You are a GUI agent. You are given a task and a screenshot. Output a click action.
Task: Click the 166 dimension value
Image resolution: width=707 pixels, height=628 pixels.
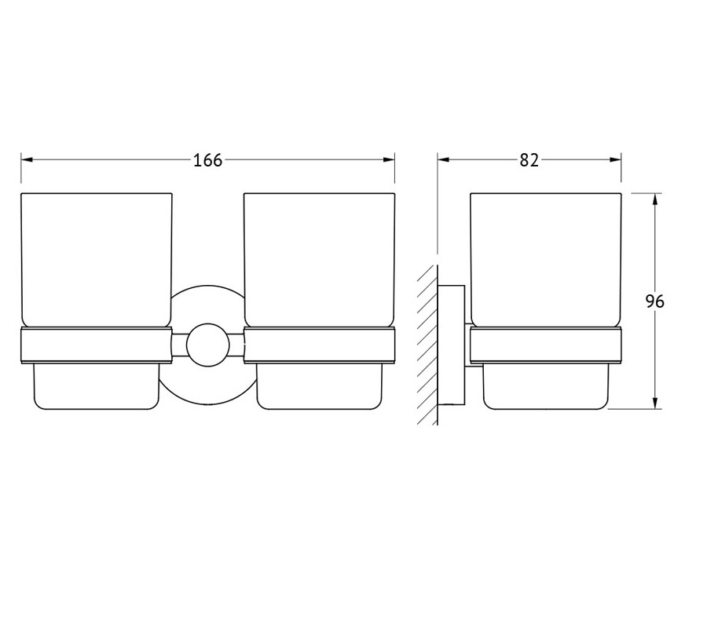coord(208,160)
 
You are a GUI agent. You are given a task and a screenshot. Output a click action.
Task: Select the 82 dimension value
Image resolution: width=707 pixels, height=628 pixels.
coord(529,160)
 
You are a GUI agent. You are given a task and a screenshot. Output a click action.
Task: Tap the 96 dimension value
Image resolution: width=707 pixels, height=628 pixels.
coord(654,301)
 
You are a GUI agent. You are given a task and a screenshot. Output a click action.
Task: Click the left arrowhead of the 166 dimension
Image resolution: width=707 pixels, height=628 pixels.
coord(27,159)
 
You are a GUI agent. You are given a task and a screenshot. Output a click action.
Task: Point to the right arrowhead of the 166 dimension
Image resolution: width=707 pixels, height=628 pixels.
coord(389,159)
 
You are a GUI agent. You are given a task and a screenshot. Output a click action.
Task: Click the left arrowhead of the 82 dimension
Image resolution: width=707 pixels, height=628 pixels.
coord(444,159)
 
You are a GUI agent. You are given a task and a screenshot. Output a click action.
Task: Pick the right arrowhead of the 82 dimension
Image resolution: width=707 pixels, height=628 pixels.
coord(615,159)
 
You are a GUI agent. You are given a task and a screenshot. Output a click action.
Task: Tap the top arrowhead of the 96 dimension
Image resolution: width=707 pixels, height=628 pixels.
coord(655,199)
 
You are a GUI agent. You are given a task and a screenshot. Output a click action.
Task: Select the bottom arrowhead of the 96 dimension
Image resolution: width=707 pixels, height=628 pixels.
coord(655,403)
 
